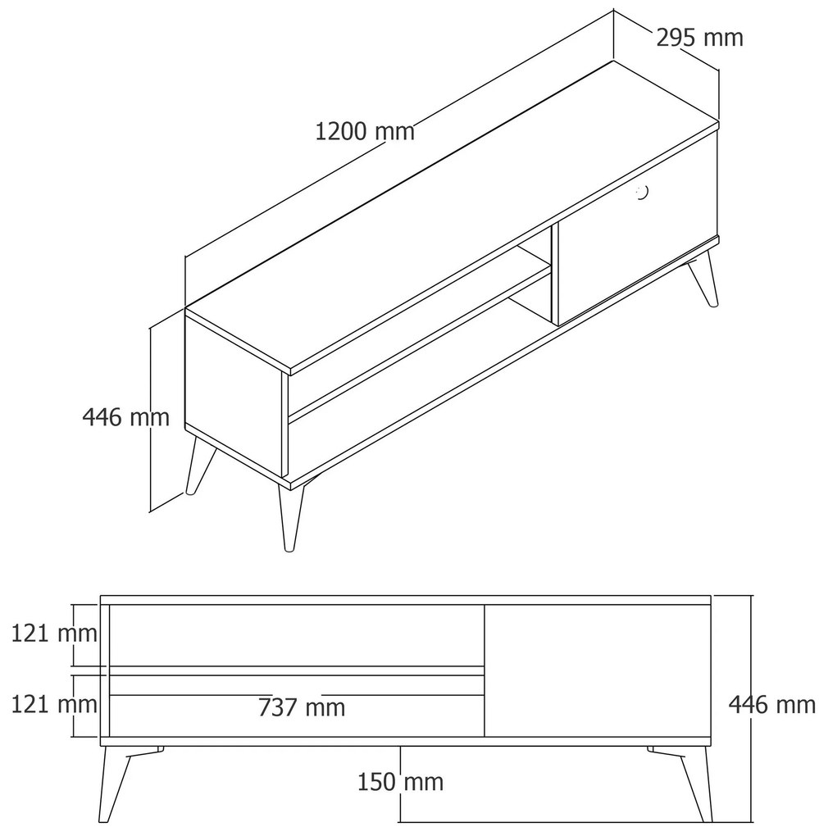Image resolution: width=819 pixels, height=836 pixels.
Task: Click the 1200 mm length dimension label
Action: [x=365, y=131]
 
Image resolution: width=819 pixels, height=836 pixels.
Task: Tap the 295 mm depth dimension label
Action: [x=699, y=38]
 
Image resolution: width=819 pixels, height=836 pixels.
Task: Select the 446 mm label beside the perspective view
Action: [x=125, y=417]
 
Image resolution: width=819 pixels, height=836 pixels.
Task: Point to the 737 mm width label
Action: [x=302, y=707]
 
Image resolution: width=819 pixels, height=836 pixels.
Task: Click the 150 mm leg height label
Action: [x=400, y=782]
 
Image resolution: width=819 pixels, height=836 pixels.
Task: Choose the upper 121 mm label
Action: [x=54, y=634]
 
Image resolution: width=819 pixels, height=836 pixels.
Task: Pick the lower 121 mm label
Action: [x=54, y=704]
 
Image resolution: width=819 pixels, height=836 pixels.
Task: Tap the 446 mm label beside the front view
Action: [x=772, y=705]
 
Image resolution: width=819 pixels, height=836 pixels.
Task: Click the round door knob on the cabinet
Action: [x=643, y=193]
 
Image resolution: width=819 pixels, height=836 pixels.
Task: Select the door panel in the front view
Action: [x=597, y=670]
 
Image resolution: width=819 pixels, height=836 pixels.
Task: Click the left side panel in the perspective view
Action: [x=233, y=394]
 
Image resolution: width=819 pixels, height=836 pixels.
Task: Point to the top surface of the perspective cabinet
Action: [x=453, y=216]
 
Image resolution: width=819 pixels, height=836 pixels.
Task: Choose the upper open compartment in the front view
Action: [x=297, y=635]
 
